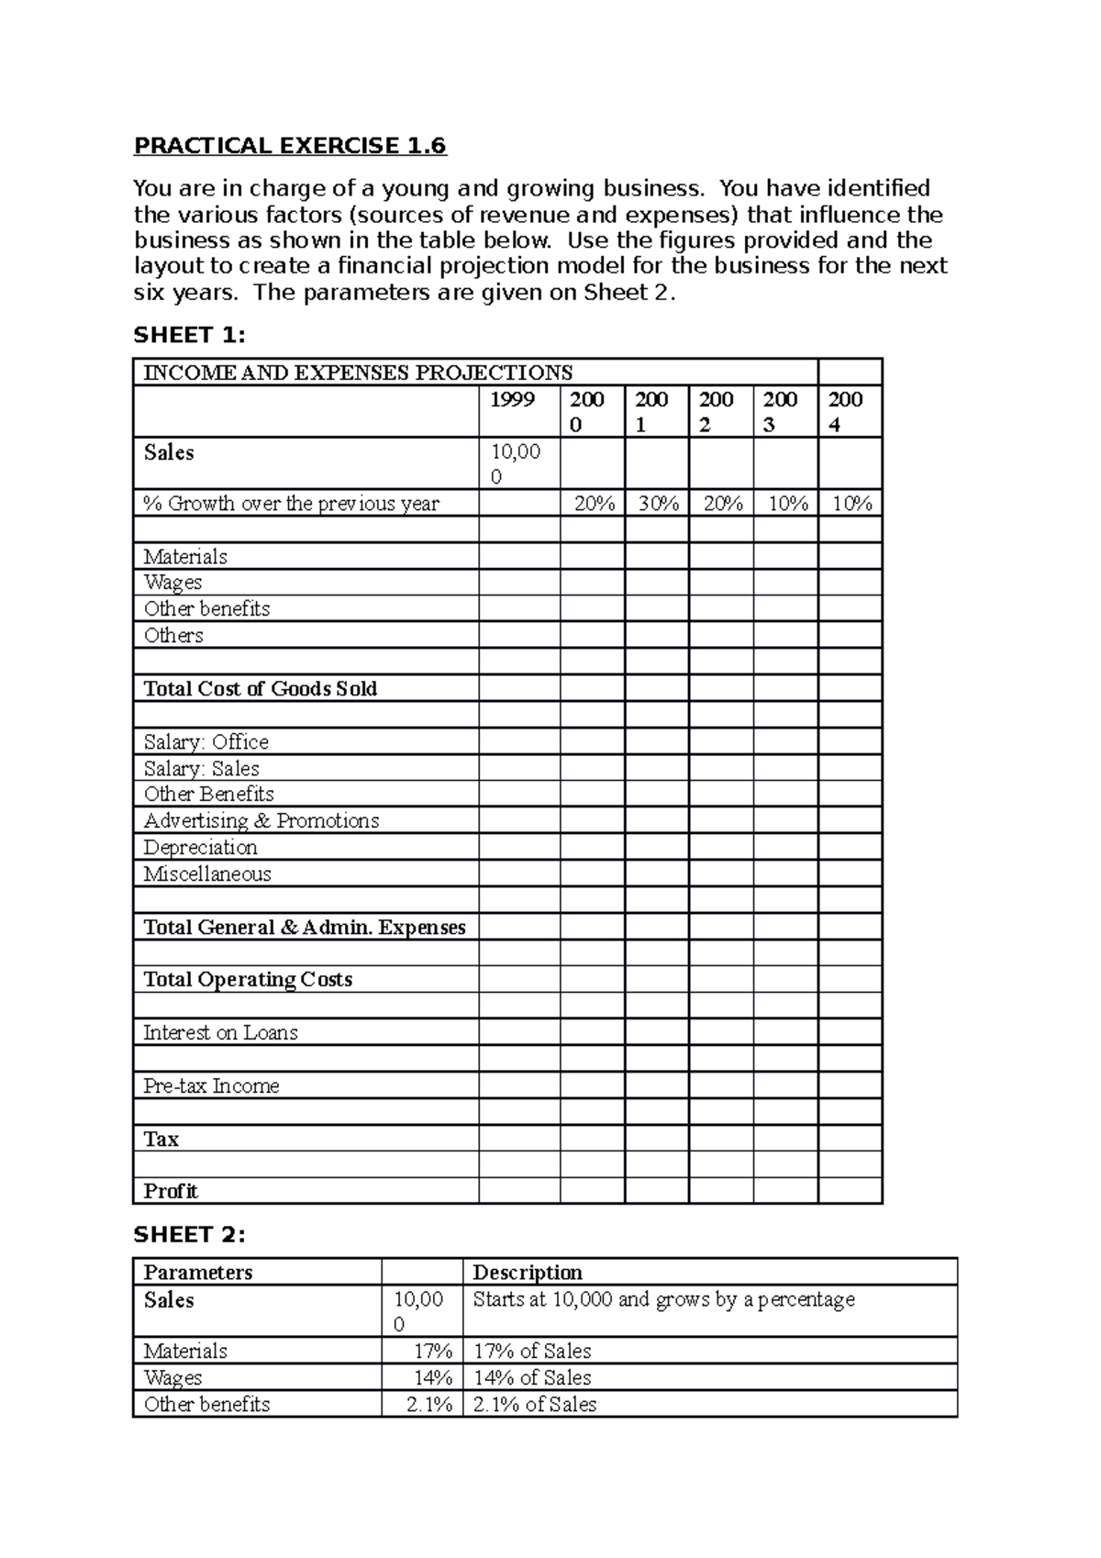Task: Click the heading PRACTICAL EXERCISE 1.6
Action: click(289, 146)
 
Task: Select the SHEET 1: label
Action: click(189, 336)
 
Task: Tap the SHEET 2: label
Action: click(189, 1235)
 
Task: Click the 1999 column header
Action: click(512, 399)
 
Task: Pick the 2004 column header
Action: click(845, 411)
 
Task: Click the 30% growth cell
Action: click(658, 504)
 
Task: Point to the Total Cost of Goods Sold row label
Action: click(260, 689)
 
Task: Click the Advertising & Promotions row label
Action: click(261, 821)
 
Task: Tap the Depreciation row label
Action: click(200, 848)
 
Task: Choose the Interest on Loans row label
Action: click(220, 1033)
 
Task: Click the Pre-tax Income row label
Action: click(211, 1086)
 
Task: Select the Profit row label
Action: click(171, 1192)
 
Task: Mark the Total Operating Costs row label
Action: click(248, 980)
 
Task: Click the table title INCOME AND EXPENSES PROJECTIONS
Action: click(358, 373)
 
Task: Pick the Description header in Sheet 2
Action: click(527, 1273)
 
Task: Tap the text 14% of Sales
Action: click(532, 1378)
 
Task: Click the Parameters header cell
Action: click(197, 1273)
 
